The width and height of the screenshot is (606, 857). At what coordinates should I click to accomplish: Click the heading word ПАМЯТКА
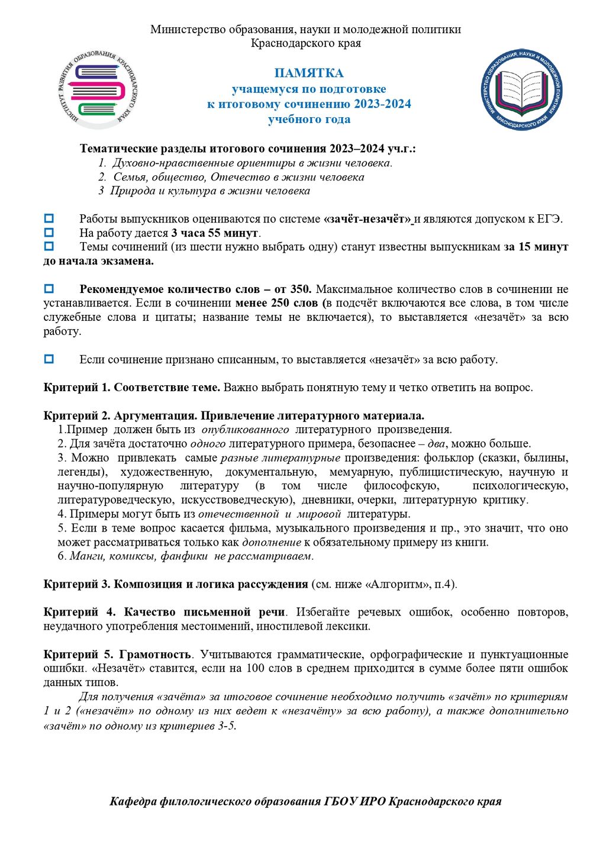[x=308, y=73]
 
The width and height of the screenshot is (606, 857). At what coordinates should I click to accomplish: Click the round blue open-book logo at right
[x=521, y=89]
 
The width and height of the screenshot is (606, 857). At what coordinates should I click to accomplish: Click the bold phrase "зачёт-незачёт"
[x=368, y=219]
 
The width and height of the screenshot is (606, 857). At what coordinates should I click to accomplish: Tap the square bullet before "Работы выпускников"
[x=49, y=219]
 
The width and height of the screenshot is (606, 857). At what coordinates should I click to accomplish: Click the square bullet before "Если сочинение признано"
[x=49, y=359]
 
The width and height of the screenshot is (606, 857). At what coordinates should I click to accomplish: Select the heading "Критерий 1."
[x=76, y=388]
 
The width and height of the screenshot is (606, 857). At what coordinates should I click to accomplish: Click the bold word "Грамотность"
[x=155, y=655]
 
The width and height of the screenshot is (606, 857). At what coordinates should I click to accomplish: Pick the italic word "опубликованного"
[x=245, y=430]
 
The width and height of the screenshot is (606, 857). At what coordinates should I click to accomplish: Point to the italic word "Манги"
[x=83, y=556]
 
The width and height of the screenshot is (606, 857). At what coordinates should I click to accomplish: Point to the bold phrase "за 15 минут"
[x=536, y=247]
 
